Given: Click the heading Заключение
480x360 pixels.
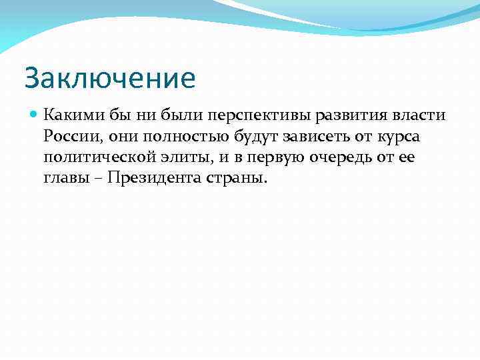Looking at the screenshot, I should click(x=110, y=78).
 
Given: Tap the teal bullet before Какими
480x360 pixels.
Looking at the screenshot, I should click(x=35, y=115).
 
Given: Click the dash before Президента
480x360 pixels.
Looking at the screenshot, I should click(x=97, y=179).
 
